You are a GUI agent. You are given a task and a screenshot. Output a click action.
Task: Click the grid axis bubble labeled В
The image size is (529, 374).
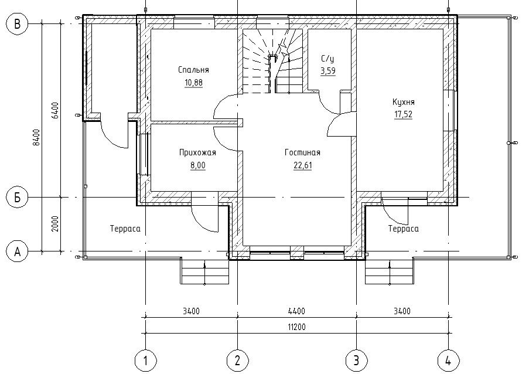pos(17,24)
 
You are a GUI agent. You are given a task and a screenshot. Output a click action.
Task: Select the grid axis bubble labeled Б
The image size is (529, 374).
pos(17,197)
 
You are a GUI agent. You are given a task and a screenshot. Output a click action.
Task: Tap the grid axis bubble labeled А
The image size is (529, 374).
pos(17,251)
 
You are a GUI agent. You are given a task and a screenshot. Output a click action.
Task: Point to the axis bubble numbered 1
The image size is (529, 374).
pos(145,361)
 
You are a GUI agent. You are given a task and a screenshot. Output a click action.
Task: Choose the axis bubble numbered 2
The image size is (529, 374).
pos(237,361)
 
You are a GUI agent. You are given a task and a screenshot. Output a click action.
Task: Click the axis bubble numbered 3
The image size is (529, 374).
pos(357,361)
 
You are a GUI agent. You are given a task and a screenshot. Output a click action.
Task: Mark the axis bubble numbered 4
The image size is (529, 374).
pos(448,361)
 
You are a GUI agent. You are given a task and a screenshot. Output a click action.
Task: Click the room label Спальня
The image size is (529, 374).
pos(194,70)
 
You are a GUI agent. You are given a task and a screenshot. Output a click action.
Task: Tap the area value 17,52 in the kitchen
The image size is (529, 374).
pos(403,114)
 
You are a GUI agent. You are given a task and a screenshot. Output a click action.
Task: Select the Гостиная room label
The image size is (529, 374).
pos(302,152)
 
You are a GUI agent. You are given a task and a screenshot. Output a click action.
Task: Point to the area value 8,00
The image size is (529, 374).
pos(197,165)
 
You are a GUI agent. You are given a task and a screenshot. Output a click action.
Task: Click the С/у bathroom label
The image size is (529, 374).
pos(327,59)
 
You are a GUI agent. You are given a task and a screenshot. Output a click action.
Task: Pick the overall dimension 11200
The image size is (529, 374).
pos(297,327)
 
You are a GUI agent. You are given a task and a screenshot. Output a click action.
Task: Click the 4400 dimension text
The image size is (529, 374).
pos(297,311)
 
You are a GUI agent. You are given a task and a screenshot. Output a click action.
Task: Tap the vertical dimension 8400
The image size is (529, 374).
pos(37,137)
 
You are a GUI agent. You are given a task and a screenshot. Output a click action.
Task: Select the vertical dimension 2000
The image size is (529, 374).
pos(56,224)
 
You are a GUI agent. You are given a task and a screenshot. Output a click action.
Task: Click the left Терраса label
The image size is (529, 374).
pos(125,229)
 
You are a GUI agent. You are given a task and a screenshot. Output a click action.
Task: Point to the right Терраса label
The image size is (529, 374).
pos(404,229)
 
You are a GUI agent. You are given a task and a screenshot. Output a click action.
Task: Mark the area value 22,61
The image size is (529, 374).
pos(303,165)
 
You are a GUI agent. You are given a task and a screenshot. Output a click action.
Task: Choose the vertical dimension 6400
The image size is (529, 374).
pos(56,110)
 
